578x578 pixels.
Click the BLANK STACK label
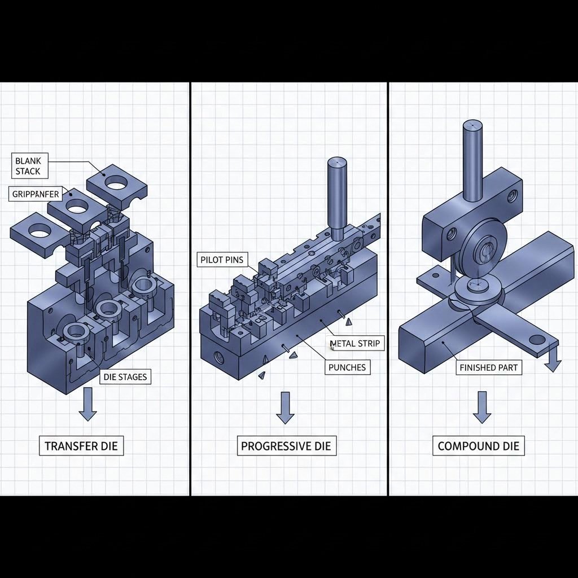point(28,165)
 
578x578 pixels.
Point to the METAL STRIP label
point(354,343)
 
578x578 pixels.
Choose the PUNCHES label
point(347,367)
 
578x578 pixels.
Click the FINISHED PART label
point(489,367)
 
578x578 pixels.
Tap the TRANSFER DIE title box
point(81,446)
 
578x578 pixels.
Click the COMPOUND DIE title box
point(478,446)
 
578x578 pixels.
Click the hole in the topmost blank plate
point(116,183)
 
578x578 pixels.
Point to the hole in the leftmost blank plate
point(40,230)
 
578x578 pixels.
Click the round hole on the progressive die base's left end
point(218,357)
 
